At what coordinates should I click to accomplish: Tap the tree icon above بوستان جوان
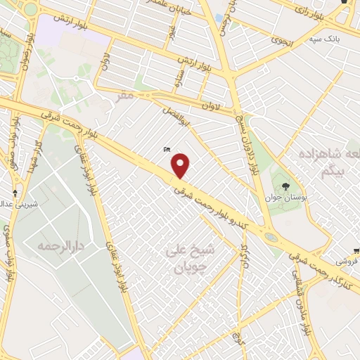(x=285, y=186)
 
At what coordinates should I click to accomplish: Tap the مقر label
(x=125, y=94)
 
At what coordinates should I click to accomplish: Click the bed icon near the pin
(x=166, y=149)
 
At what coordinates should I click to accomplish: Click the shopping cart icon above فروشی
(x=356, y=250)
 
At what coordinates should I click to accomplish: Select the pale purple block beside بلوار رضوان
(x=51, y=30)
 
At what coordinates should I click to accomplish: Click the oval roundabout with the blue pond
(x=271, y=238)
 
